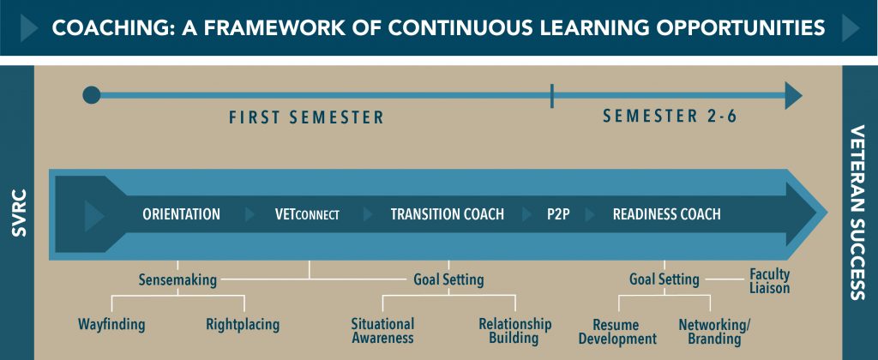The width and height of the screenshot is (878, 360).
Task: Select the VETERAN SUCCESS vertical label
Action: coord(859,213)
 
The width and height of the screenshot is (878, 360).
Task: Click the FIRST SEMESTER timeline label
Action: coord(306,117)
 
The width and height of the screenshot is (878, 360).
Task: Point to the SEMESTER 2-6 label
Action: coord(670,117)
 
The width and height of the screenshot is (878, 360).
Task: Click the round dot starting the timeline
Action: coord(91,95)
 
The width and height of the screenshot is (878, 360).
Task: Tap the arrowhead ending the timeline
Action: coord(793,95)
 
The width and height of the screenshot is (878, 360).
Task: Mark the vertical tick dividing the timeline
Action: coord(552,96)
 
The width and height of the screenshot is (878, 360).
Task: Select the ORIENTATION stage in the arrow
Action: coord(182,214)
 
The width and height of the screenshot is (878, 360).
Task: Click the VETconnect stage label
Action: coord(308,214)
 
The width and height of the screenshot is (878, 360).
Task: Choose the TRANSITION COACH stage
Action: coord(448,214)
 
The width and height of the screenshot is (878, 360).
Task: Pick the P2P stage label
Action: coord(558,214)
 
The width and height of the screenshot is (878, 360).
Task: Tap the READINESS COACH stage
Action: coord(667,214)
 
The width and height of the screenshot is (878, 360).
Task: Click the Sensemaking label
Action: coord(178,279)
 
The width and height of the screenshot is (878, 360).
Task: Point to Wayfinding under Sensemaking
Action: coord(111,324)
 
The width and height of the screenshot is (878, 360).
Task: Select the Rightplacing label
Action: coord(243,324)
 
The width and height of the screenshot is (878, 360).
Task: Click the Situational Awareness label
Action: coord(383,331)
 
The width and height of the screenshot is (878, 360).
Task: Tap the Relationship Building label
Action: coord(514,331)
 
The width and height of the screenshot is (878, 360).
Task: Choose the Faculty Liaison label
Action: coord(770,282)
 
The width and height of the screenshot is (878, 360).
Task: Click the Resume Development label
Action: coord(617,332)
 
